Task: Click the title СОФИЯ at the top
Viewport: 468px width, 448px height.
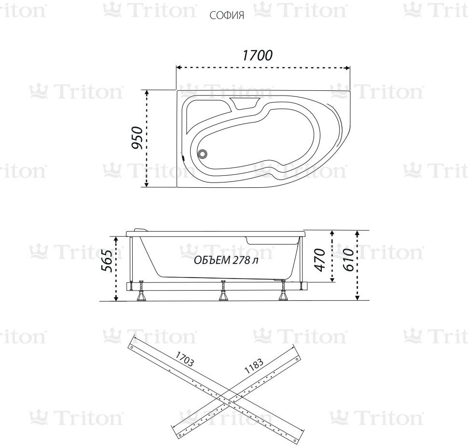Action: tap(227, 15)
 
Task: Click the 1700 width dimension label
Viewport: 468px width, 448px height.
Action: tap(257, 56)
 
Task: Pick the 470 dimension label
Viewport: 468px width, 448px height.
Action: tap(320, 260)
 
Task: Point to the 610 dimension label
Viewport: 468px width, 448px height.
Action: tap(349, 260)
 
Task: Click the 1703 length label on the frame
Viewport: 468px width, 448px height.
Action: tap(184, 359)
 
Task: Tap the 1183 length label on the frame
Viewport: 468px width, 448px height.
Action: tap(254, 366)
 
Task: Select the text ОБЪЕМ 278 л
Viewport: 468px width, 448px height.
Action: tap(226, 260)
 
